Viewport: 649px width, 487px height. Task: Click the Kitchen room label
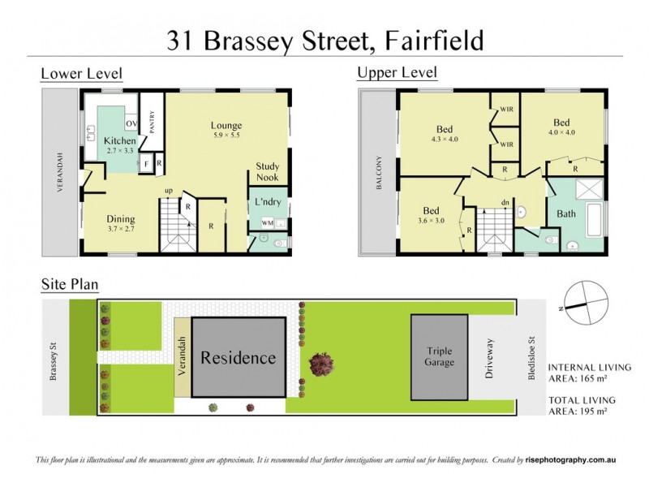coord(120,140)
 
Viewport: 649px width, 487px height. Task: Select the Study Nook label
coord(268,171)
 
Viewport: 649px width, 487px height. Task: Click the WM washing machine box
coord(267,222)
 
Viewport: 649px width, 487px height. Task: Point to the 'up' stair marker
coord(169,192)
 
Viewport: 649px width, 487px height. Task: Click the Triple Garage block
coord(445,356)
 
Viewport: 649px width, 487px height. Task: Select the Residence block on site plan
coord(239,358)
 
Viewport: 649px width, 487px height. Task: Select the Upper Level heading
coord(397,73)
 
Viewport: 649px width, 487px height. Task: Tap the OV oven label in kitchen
coord(131,123)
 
